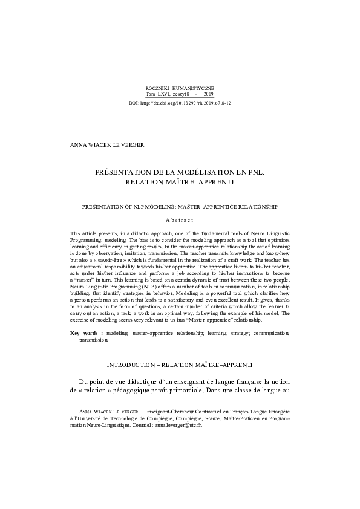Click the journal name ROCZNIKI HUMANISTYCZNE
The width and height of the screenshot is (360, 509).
(x=180, y=88)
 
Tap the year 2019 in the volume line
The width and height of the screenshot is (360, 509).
(x=208, y=94)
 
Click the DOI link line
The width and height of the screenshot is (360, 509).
(x=180, y=103)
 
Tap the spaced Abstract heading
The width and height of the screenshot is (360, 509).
(x=180, y=220)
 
